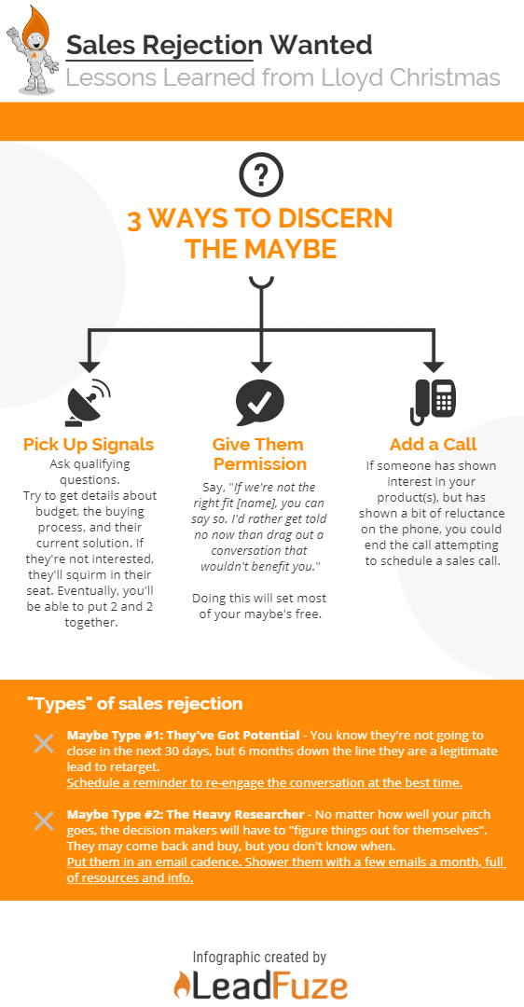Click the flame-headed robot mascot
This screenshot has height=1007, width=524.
click(x=34, y=50)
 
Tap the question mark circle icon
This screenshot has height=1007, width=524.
click(x=261, y=173)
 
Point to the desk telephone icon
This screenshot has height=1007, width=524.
click(x=434, y=401)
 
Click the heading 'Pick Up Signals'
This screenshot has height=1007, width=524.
click(x=89, y=445)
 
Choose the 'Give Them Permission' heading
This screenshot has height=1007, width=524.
click(x=260, y=454)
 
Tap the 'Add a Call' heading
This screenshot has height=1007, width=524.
click(x=434, y=445)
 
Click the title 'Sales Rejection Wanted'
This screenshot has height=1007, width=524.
click(x=219, y=46)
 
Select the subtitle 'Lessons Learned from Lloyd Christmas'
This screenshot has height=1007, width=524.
click(x=283, y=78)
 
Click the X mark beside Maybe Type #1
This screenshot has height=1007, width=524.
click(x=44, y=744)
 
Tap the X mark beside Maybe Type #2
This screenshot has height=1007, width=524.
click(x=44, y=821)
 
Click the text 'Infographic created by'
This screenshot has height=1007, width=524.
click(x=259, y=957)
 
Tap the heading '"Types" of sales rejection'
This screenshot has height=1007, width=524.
click(x=135, y=704)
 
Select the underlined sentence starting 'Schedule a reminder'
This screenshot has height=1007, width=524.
click(x=265, y=783)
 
